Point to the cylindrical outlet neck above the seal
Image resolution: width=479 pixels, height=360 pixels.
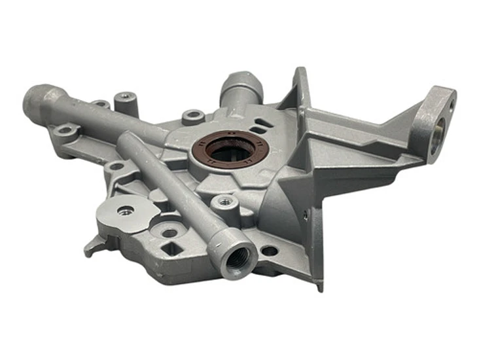(x=234, y=89)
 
